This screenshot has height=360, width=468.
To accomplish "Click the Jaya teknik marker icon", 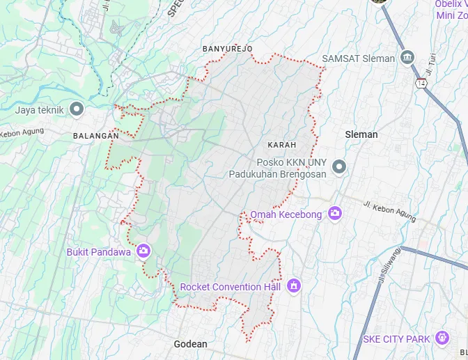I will pos(77,109).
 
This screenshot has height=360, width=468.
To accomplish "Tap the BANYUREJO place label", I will pos(227,49).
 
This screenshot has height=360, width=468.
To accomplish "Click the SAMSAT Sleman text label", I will pos(358,58).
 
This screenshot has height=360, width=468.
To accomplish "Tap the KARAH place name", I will pos(281,145).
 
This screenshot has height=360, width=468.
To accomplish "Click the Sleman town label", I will pos(361,134).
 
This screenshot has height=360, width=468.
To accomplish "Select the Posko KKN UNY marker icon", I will pos(339,166).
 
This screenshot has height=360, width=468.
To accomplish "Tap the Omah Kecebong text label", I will pos(286,214).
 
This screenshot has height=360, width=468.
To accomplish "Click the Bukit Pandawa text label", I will pos(99,252).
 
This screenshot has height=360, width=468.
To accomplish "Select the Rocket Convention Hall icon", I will pos(294,285).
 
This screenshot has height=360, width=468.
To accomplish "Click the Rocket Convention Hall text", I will pos(230,287).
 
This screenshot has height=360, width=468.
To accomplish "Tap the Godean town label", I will pos(190,344).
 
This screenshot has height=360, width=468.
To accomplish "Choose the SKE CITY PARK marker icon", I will pos(441,338).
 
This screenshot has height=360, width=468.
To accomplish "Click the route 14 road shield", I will pos(421,83).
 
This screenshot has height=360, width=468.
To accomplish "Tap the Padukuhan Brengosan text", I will pos(277,174).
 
